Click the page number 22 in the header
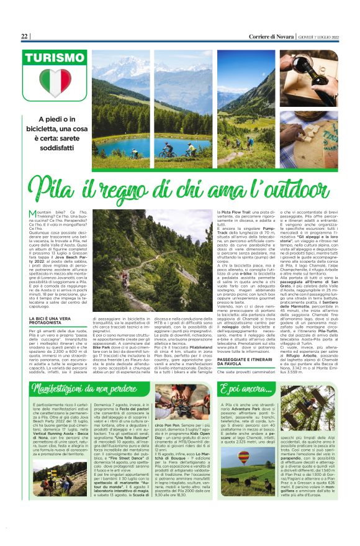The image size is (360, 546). coord(24,37)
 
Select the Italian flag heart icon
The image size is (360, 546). coord(55,83)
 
